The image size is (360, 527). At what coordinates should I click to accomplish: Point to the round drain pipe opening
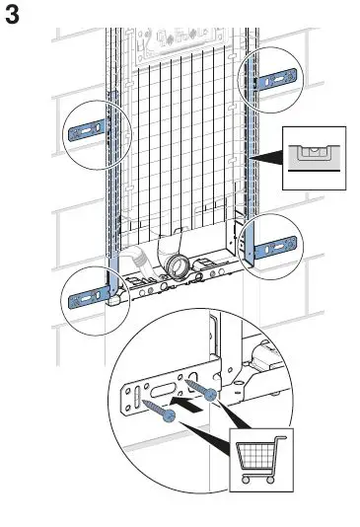pyautogui.click(x=179, y=264)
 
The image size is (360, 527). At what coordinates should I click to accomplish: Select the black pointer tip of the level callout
pyautogui.click(x=252, y=157)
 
